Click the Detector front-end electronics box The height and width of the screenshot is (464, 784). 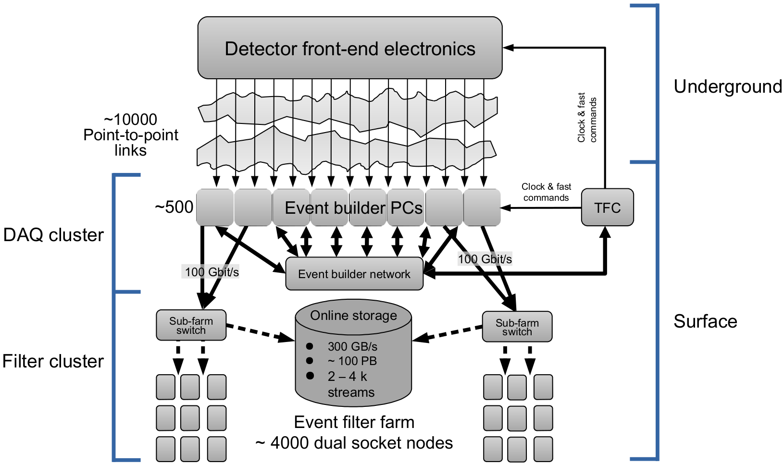coord(350,48)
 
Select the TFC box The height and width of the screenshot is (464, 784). coord(607,208)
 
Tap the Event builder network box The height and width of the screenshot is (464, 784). coord(354,274)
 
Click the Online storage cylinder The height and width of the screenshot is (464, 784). coord(353,355)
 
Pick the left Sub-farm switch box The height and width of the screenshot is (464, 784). coord(191,325)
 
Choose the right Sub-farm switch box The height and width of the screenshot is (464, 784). coord(517,327)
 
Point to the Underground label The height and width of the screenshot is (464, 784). coord(727,86)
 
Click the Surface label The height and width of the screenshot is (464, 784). coord(705,321)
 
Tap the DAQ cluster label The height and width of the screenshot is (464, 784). coord(53,235)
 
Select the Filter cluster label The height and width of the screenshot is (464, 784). coord(53,361)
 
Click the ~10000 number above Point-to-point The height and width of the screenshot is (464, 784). coord(130,120)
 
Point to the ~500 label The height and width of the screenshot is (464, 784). coord(174,207)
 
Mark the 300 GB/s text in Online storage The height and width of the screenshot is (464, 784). coord(352,346)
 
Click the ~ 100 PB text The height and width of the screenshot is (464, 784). coord(352,361)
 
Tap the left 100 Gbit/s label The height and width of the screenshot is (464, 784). coord(212,272)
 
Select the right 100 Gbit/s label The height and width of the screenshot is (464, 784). coord(485,259)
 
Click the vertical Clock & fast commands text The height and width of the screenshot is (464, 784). coord(587,118)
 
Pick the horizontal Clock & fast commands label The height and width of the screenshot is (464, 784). coord(546,192)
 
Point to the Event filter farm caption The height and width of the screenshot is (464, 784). coord(354,422)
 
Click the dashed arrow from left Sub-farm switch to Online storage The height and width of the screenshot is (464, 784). coord(260,332)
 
